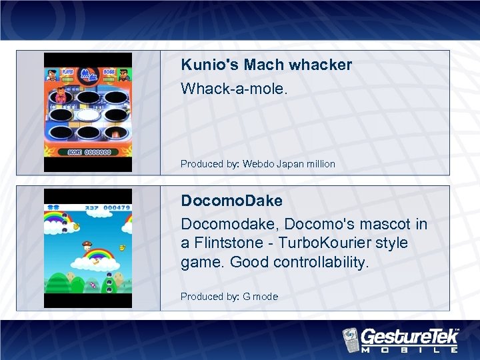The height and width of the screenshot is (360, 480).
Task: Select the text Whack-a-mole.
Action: tap(234, 87)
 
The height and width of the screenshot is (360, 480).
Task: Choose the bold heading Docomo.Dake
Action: tap(231, 201)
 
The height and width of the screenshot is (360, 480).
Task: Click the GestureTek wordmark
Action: tap(409, 335)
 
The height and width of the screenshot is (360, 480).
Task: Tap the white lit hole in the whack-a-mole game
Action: tap(88, 115)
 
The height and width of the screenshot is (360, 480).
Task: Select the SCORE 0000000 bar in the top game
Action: tap(88, 153)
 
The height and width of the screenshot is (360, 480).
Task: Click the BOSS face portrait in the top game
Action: tap(125, 79)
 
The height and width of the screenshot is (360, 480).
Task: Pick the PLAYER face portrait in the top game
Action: tap(51, 79)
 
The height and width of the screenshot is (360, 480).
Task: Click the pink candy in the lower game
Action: tap(93, 286)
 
